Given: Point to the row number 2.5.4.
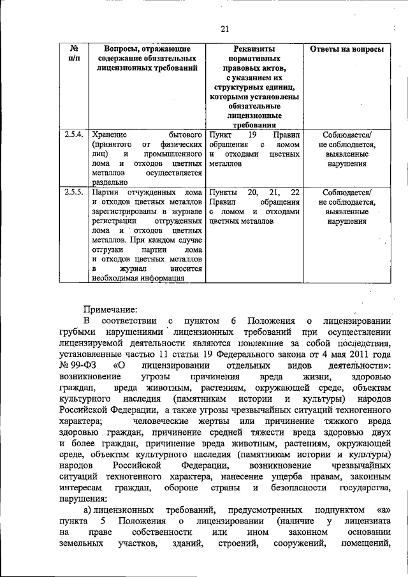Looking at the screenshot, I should pyautogui.click(x=74, y=135).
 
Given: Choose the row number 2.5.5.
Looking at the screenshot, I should pyautogui.click(x=74, y=192).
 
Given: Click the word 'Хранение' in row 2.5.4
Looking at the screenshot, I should pyautogui.click(x=109, y=136).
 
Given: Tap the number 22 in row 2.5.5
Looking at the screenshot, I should pyautogui.click(x=294, y=192).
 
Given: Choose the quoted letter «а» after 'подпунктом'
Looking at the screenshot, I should pyautogui.click(x=381, y=510).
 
